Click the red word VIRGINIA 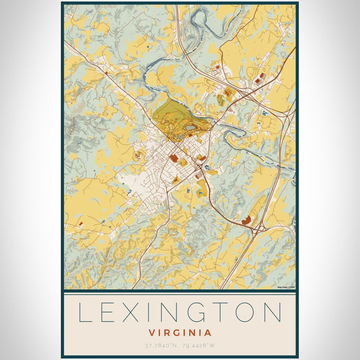coord(179,333)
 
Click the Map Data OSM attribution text coord(285,287)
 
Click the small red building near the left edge coord(81,224)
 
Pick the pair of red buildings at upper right coord(260,78)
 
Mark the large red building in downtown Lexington coord(173,158)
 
